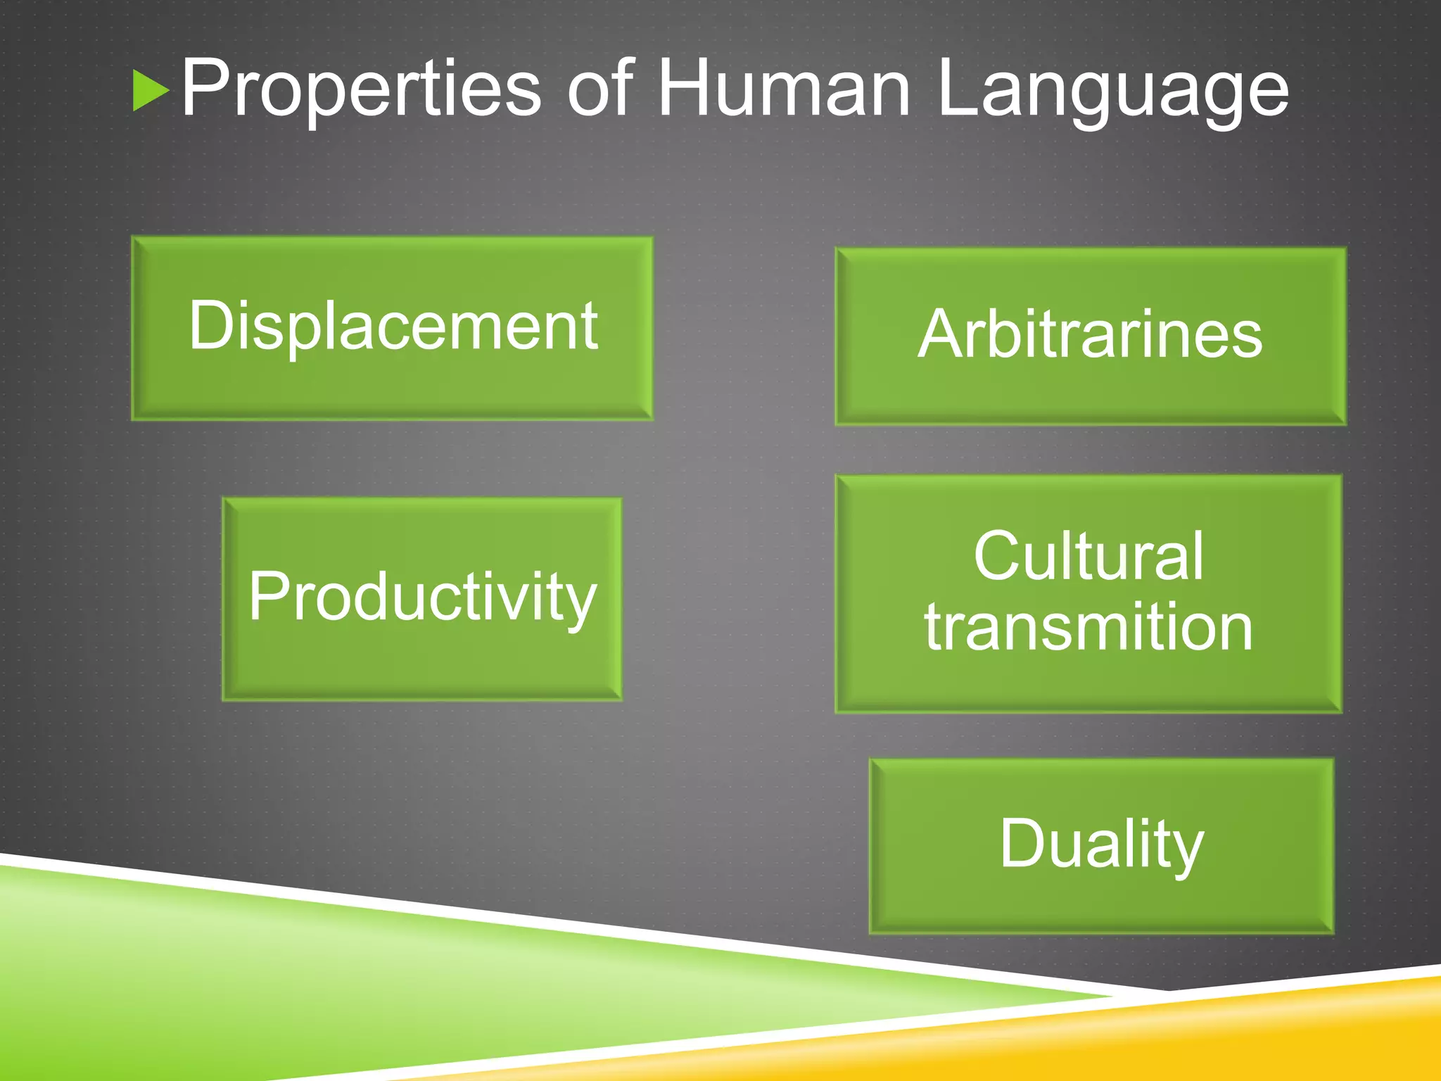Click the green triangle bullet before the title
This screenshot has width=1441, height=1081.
click(150, 91)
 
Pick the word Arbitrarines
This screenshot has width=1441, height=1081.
click(1090, 335)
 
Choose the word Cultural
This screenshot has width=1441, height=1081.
click(1088, 557)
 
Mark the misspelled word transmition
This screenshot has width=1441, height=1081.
click(1088, 627)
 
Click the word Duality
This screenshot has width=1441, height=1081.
click(1101, 845)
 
